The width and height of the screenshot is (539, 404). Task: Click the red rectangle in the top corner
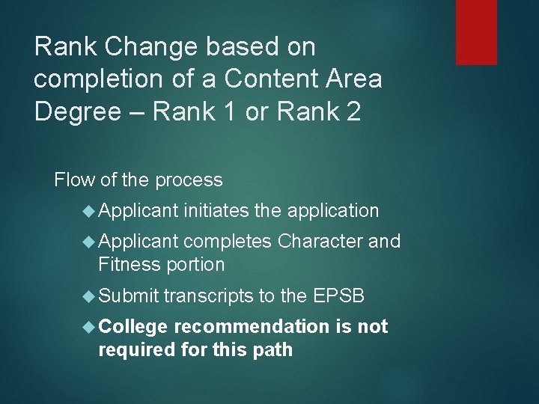476,31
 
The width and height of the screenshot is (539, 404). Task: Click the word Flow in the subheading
72,180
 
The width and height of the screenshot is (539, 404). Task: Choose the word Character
320,242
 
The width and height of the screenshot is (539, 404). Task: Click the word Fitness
128,264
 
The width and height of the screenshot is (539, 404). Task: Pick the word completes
228,242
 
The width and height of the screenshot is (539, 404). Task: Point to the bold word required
134,349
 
